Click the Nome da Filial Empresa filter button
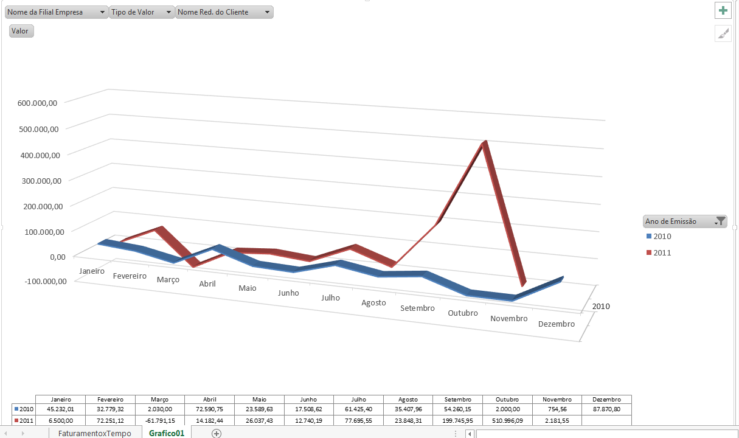click(56, 12)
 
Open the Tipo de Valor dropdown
click(142, 12)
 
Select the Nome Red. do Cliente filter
click(224, 12)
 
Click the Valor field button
click(21, 31)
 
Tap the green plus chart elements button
click(723, 10)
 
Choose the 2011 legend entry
click(662, 252)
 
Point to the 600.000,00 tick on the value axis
click(38, 103)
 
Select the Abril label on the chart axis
click(207, 283)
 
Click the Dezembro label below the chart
click(557, 324)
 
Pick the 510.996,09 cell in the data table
click(507, 420)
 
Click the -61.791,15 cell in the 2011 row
click(159, 420)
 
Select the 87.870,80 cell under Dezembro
click(606, 409)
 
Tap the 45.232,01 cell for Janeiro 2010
click(60, 409)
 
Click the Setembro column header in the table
click(457, 399)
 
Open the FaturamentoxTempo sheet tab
click(94, 433)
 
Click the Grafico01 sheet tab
click(166, 433)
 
